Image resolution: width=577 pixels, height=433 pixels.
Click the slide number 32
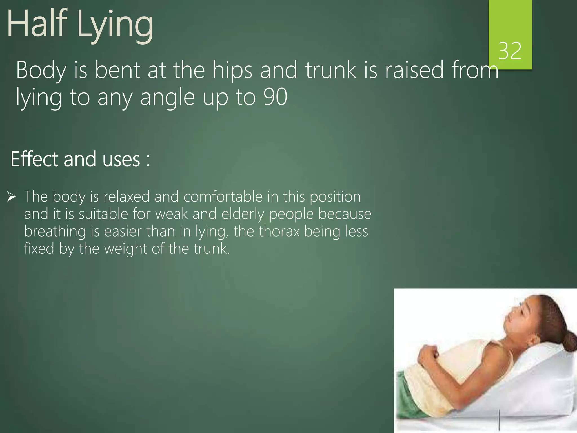click(510, 51)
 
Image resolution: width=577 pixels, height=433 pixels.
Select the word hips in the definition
click(232, 70)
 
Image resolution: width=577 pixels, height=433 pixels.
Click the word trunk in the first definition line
click(331, 70)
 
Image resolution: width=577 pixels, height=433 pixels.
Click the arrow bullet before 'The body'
click(12, 197)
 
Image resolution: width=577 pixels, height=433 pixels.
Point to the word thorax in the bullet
click(279, 231)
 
